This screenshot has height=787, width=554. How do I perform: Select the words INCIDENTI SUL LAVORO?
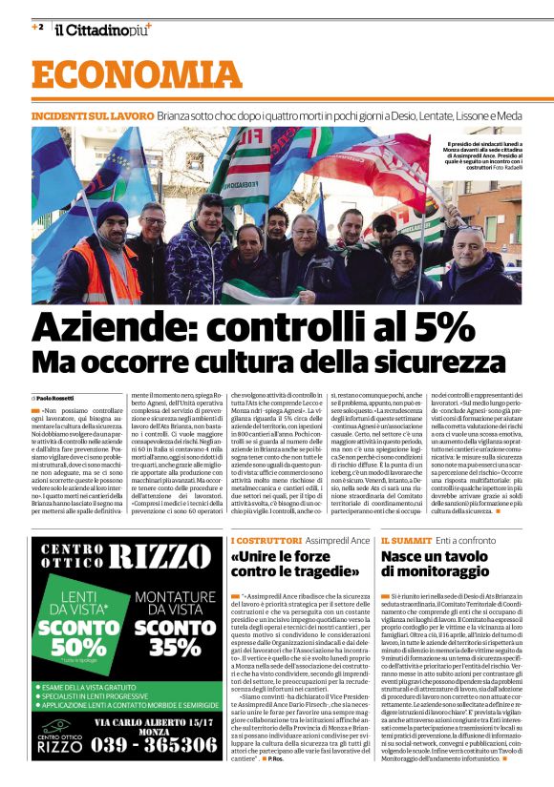pos(92,114)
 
